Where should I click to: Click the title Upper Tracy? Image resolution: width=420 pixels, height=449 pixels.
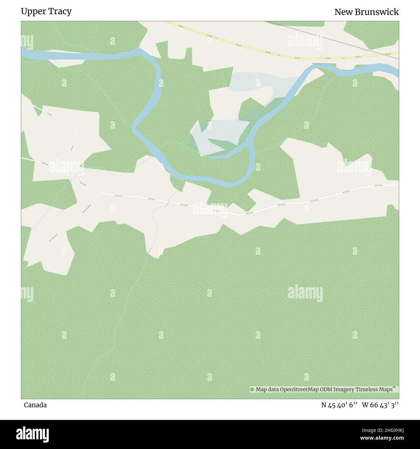coord(46,12)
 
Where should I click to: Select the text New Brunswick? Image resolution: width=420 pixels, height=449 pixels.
coord(366,12)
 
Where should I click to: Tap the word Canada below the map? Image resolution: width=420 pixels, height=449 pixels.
coord(35,405)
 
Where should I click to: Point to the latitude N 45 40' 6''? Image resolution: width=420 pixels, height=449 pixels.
coord(339,405)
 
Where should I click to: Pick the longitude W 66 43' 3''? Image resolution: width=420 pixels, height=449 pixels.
coord(380,405)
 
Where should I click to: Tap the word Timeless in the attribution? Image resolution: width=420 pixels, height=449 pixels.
coord(367,390)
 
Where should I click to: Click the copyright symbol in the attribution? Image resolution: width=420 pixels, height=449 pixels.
coord(252,390)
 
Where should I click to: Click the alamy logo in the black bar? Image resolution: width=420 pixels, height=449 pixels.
coord(33,433)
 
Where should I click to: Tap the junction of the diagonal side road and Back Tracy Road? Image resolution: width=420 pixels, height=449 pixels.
coord(102,193)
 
